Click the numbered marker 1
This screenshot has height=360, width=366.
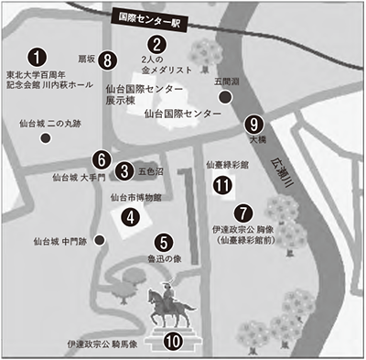point(36,58)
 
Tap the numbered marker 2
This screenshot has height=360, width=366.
point(157,44)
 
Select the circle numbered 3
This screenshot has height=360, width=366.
point(124,169)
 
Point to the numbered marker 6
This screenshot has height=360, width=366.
point(102,158)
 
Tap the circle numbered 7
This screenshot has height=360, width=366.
point(242,210)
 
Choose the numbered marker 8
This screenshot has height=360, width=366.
point(109,60)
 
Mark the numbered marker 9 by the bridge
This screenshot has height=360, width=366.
point(253,125)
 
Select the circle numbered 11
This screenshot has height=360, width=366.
point(221,185)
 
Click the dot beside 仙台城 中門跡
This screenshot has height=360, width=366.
point(99,240)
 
